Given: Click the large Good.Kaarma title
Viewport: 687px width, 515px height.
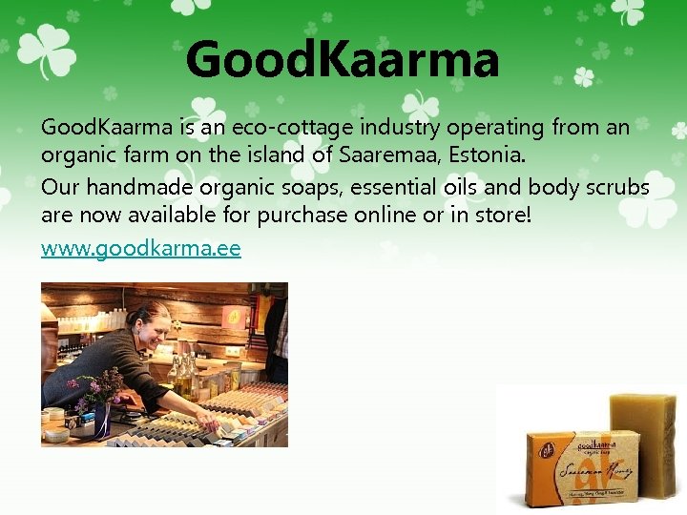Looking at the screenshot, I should click(x=343, y=59).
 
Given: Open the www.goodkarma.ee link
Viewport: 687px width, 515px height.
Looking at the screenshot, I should click(x=140, y=249).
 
